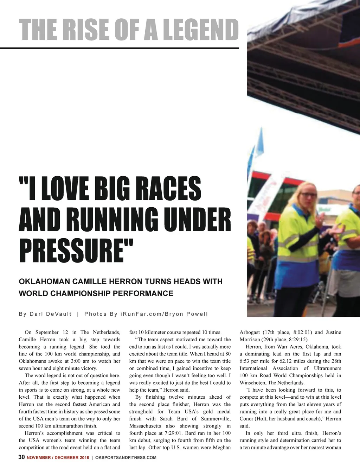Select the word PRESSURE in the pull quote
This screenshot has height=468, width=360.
[72, 250]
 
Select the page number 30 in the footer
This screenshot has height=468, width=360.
[21, 457]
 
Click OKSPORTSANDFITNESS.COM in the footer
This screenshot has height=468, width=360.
[126, 458]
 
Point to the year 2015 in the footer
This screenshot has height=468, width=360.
[84, 458]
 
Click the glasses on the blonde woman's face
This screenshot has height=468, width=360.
[309, 195]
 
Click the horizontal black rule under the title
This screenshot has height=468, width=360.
[120, 48]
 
